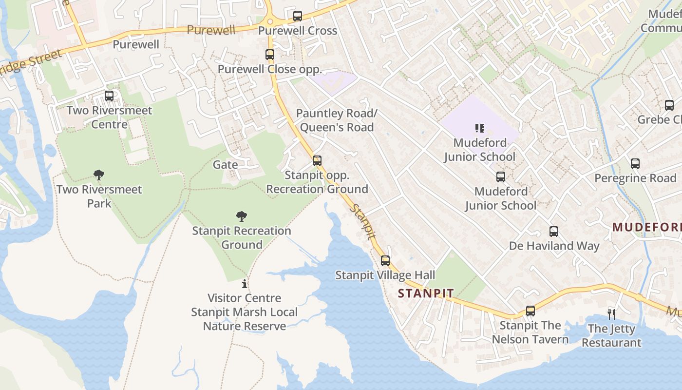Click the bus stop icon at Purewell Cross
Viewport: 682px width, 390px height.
pos(298,16)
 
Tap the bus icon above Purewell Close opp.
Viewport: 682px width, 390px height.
pos(270,55)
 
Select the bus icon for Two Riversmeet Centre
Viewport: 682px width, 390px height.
pos(109,96)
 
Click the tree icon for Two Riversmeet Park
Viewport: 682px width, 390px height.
pos(99,175)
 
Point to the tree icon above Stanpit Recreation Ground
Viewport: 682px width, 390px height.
pos(241,216)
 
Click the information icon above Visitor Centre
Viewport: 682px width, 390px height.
pos(245,284)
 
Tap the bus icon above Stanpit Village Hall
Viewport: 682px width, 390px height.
pos(385,261)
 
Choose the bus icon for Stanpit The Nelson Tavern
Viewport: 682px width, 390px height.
pos(530,311)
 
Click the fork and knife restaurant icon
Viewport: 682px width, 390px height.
pos(611,314)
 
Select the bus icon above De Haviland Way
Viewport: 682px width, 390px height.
pos(554,232)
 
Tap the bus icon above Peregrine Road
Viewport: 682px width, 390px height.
pos(635,164)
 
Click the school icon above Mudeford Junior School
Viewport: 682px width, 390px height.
pos(480,128)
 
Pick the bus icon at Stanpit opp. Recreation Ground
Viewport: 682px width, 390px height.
pos(317,161)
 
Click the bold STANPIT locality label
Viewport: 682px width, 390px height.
pos(426,293)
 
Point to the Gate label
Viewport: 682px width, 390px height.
pos(226,165)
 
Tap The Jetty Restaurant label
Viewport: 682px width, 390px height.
pos(611,335)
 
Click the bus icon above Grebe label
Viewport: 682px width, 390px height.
pos(669,105)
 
